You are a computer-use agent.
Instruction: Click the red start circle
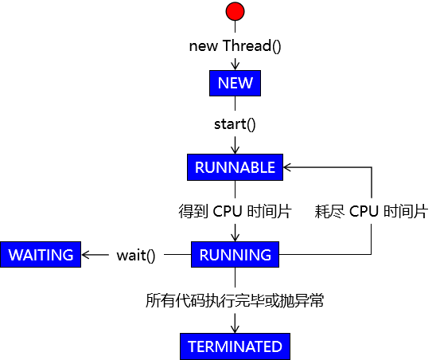tap(235, 11)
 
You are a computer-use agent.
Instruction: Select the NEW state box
tap(235, 83)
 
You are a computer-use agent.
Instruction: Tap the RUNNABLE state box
tap(235, 167)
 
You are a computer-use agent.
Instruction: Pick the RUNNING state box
tap(235, 255)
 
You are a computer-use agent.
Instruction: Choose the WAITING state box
tap(41, 255)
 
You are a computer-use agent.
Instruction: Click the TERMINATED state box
tap(235, 346)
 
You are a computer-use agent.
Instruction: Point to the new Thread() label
tap(235, 46)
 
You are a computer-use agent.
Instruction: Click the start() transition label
tap(235, 124)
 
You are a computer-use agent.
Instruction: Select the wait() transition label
tap(136, 256)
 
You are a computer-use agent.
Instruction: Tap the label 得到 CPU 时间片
tap(235, 211)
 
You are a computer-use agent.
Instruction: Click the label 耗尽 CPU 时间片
tap(372, 211)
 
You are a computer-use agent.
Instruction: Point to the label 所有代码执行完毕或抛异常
tap(235, 300)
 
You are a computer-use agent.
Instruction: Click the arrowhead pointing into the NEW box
tap(235, 66)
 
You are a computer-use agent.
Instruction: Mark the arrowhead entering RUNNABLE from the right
tap(287, 167)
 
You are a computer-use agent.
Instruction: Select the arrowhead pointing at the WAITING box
tap(85, 255)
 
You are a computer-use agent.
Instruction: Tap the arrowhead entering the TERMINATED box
tap(235, 329)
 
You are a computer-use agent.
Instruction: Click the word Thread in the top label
tap(247, 45)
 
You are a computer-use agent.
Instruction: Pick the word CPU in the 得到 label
tap(228, 211)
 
